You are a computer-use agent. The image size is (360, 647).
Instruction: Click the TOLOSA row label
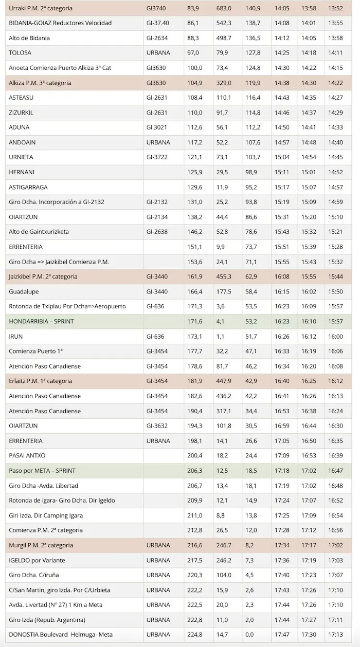click(20, 53)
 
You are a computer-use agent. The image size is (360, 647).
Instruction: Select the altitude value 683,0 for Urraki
click(223, 8)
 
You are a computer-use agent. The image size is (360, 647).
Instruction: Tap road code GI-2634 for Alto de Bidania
click(157, 38)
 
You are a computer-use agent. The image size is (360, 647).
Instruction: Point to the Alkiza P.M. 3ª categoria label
click(40, 83)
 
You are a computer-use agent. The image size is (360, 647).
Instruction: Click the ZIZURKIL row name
click(21, 113)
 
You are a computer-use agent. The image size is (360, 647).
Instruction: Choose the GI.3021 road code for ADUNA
click(157, 127)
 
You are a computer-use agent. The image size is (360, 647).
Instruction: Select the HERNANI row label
click(22, 172)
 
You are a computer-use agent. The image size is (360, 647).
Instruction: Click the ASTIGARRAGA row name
click(28, 187)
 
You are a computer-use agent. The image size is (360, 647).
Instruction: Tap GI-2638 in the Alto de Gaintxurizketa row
click(157, 232)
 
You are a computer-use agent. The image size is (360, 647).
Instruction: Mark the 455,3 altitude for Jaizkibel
click(223, 276)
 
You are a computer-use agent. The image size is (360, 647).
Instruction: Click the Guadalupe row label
click(24, 291)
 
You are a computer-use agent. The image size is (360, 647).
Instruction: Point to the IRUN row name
click(16, 336)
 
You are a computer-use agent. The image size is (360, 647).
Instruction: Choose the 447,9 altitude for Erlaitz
click(223, 381)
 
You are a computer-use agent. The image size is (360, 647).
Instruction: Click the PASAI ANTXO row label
click(27, 455)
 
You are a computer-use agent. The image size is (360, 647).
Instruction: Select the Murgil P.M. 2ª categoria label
click(41, 545)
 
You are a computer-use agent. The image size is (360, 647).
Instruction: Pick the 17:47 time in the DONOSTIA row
click(282, 634)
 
